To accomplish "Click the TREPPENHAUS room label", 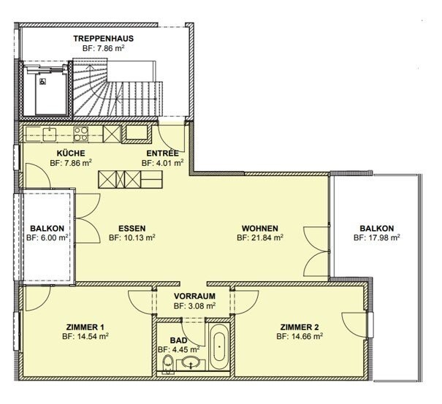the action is coord(104,38).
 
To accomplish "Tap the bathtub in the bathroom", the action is coord(219,347).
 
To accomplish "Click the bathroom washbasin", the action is coord(191,363).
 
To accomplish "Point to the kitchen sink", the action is coord(50,134).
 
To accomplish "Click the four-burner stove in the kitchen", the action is coord(81,134).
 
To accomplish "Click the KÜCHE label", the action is coord(71,153).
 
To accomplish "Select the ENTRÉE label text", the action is coord(162,153).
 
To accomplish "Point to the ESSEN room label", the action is coord(132,228).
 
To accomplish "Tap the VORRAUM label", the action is coord(194,296).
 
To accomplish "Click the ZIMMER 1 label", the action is coord(85,327).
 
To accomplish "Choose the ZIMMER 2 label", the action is coord(300,327).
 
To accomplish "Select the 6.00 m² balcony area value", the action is coord(54,237).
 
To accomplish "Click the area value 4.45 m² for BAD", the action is coord(184,350).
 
